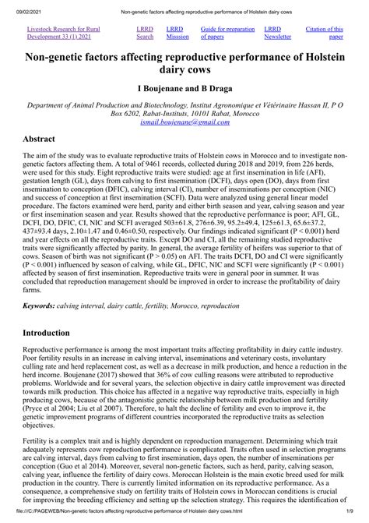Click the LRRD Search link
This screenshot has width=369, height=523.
(146, 32)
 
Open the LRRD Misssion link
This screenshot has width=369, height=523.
(177, 32)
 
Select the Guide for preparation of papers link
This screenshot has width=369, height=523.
(227, 32)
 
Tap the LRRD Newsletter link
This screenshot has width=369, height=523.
(278, 32)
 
